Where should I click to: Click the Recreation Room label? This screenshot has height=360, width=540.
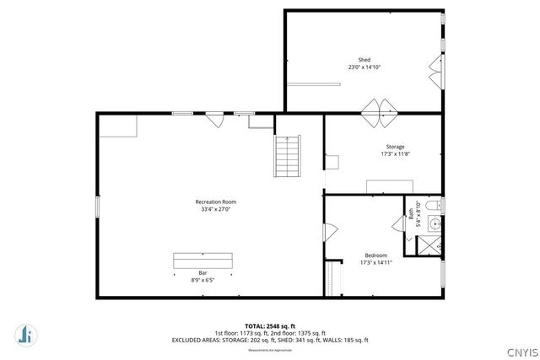[x=215, y=201]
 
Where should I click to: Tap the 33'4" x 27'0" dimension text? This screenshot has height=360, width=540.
[x=215, y=209]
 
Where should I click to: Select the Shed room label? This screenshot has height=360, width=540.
[x=364, y=60]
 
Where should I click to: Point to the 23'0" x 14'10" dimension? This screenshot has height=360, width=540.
[x=364, y=67]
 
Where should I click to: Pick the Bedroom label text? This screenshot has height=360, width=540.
[x=376, y=255]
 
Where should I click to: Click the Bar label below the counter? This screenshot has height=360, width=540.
[x=202, y=272]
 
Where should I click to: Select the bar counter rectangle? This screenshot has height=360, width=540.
[x=202, y=261]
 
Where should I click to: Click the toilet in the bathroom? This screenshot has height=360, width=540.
[x=434, y=207]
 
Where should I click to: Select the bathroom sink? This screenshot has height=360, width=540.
[x=435, y=224]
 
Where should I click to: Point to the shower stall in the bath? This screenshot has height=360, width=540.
[x=428, y=245]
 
